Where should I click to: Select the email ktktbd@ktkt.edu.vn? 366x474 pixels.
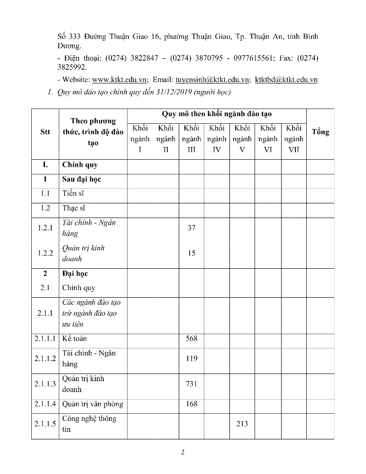pos(286,80)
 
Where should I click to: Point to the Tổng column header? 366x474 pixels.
pos(320,132)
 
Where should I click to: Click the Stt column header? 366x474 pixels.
pos(45,132)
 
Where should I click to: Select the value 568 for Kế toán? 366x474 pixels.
pos(192,338)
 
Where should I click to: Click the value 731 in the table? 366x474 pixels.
pos(192,384)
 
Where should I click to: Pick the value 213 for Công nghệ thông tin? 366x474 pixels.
pos(242,424)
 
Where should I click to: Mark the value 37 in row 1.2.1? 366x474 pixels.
pos(192,228)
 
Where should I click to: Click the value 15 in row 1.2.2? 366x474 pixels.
pos(192,253)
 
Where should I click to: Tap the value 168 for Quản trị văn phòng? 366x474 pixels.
pos(192,404)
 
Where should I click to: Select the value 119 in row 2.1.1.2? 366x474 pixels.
pos(192,358)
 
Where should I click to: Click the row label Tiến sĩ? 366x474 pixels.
pos(73,193)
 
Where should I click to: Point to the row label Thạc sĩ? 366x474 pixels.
pos(73,208)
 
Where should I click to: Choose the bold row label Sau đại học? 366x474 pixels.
pos(82,179)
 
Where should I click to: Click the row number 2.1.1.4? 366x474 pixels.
pos(45,404)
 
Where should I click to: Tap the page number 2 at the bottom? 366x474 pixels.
pos(183,452)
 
